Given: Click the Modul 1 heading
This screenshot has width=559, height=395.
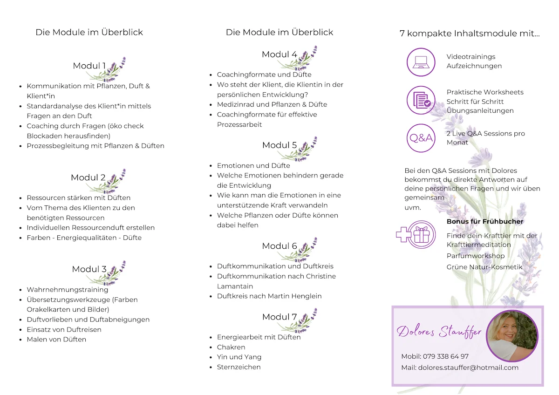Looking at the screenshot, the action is (89, 66).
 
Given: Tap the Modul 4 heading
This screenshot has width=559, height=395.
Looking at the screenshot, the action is (279, 54).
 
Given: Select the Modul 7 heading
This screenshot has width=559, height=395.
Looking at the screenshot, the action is (279, 317).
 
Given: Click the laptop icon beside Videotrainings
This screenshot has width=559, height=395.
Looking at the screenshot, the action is (421, 62).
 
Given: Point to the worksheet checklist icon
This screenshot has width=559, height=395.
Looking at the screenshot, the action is (421, 101).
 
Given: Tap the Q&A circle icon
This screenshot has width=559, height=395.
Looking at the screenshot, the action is (421, 138).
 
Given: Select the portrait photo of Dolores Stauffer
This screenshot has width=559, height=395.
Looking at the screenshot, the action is (512, 336).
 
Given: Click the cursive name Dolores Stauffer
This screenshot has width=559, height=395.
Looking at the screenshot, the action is (439, 331).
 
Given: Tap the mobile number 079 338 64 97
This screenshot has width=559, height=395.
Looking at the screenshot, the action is (445, 356).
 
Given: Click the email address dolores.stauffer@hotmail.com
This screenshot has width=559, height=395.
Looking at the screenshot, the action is (468, 368).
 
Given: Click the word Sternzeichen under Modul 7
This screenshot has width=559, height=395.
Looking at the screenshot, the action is (239, 367).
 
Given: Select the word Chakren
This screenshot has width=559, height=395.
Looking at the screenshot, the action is (231, 347).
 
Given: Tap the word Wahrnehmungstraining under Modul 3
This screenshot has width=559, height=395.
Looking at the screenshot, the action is (68, 290).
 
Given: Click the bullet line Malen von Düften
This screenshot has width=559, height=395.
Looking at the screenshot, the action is (56, 340).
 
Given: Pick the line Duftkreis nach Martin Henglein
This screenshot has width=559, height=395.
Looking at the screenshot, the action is (269, 296).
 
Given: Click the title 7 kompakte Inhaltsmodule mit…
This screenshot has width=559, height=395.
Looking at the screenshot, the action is (470, 34).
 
